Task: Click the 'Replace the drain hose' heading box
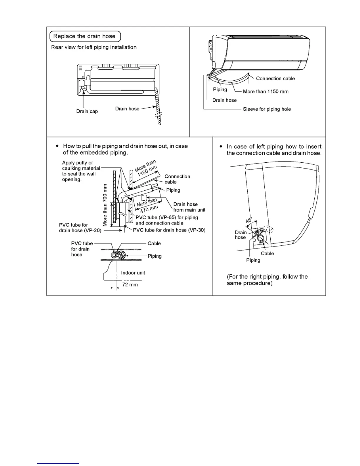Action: point(85,36)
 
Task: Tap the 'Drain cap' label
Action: point(87,111)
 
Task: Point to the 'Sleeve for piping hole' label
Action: point(267,109)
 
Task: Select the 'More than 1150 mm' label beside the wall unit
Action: point(266,91)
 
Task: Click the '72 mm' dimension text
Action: point(130,284)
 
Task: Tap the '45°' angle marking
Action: point(249,220)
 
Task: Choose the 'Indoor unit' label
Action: point(133,273)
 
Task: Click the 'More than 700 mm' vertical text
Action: point(105,205)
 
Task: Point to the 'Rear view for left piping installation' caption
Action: point(94,47)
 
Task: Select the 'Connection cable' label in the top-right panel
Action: point(275,79)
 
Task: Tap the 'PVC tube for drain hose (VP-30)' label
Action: point(169,230)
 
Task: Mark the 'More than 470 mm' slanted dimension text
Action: point(147,205)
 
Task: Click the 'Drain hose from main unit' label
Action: point(189,207)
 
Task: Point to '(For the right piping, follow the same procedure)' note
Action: point(267,280)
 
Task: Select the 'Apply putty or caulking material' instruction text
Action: point(81,171)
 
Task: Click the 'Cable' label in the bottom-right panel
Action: point(267,253)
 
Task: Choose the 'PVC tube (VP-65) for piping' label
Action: point(167,220)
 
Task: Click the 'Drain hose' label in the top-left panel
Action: point(127,109)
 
